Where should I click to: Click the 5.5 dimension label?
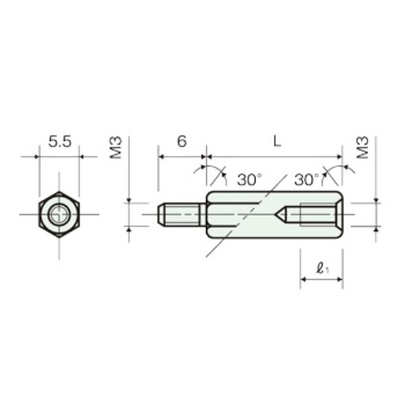(60, 141)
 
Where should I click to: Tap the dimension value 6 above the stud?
(182, 141)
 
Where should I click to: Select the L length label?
(277, 141)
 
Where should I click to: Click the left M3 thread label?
(116, 147)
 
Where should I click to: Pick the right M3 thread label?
(362, 147)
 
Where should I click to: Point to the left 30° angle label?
(250, 180)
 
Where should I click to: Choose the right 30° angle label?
(306, 180)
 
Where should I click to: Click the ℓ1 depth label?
(322, 268)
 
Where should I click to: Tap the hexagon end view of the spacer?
(59, 214)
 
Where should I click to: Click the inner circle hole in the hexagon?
(59, 214)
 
